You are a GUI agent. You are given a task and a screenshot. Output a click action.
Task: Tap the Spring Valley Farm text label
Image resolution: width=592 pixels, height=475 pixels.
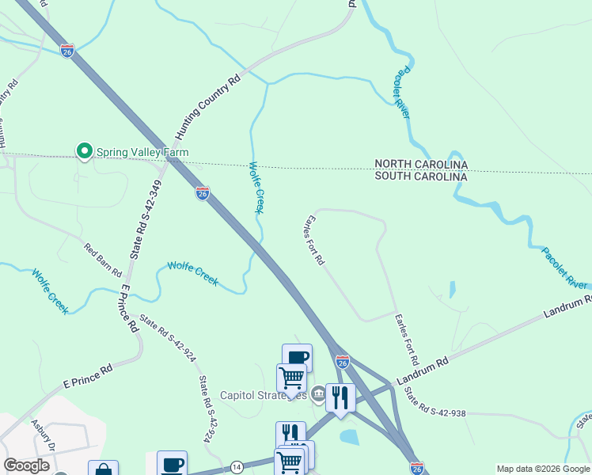[x=142, y=152]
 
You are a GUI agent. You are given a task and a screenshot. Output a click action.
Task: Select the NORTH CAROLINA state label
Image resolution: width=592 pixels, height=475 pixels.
[x=421, y=165]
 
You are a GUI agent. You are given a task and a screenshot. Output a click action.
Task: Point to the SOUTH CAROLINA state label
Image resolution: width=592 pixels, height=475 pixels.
[x=421, y=177]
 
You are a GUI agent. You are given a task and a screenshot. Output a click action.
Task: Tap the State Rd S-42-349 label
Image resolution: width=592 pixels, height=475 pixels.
[x=147, y=219]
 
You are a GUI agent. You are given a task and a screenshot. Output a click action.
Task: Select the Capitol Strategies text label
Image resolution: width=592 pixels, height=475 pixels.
[x=263, y=395]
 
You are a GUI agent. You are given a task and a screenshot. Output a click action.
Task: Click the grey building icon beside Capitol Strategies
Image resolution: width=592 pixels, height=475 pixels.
[x=318, y=393]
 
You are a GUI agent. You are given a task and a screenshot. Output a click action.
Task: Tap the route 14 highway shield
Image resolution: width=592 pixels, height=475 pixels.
[x=237, y=468]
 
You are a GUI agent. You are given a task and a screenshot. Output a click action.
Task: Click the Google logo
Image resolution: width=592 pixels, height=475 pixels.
[x=27, y=465]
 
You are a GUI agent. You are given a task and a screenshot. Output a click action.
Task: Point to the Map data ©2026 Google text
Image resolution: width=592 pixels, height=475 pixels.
[x=544, y=469]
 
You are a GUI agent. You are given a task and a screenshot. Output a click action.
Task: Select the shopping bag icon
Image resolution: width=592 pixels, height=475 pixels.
[x=103, y=470]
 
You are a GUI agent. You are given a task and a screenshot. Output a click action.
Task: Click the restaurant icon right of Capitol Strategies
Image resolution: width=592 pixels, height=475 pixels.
[x=340, y=397]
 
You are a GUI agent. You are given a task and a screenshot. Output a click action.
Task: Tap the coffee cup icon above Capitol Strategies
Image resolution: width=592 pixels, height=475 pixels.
[x=297, y=357]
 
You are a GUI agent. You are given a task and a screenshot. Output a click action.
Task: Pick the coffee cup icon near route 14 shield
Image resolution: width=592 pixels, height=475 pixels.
[x=172, y=464]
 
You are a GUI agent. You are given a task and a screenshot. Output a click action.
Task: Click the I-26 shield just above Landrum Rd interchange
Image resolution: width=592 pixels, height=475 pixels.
[x=342, y=362]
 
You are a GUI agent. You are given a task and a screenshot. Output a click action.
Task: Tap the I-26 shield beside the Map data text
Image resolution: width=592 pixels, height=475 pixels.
[x=417, y=468]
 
